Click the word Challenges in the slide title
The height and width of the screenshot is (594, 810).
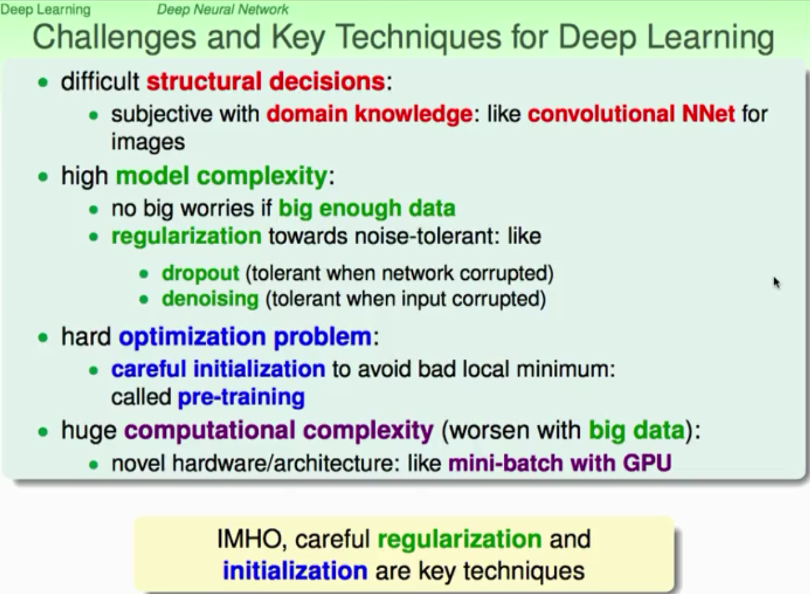(x=114, y=38)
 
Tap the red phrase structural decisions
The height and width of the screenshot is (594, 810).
(x=266, y=81)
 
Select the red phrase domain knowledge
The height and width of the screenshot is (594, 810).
(x=370, y=114)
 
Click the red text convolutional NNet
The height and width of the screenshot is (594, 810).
(x=631, y=114)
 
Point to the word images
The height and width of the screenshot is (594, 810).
(x=148, y=142)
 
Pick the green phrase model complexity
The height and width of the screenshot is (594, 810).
(x=222, y=176)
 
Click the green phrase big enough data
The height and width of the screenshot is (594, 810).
(x=367, y=209)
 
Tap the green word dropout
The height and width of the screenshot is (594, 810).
(x=201, y=273)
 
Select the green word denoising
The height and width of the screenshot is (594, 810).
(x=210, y=299)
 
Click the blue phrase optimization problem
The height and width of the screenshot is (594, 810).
(x=245, y=337)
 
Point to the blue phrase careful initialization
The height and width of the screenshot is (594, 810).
(x=218, y=369)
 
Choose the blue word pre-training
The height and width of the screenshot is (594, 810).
(x=241, y=397)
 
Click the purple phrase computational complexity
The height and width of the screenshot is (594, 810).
(x=279, y=431)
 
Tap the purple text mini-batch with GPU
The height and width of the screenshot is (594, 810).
(x=560, y=464)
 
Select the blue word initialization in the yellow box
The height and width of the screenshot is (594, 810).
(x=295, y=571)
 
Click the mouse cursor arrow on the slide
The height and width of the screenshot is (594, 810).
(x=777, y=283)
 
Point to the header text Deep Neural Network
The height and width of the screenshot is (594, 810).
(x=223, y=9)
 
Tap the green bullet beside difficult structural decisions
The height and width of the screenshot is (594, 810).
(x=43, y=83)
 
